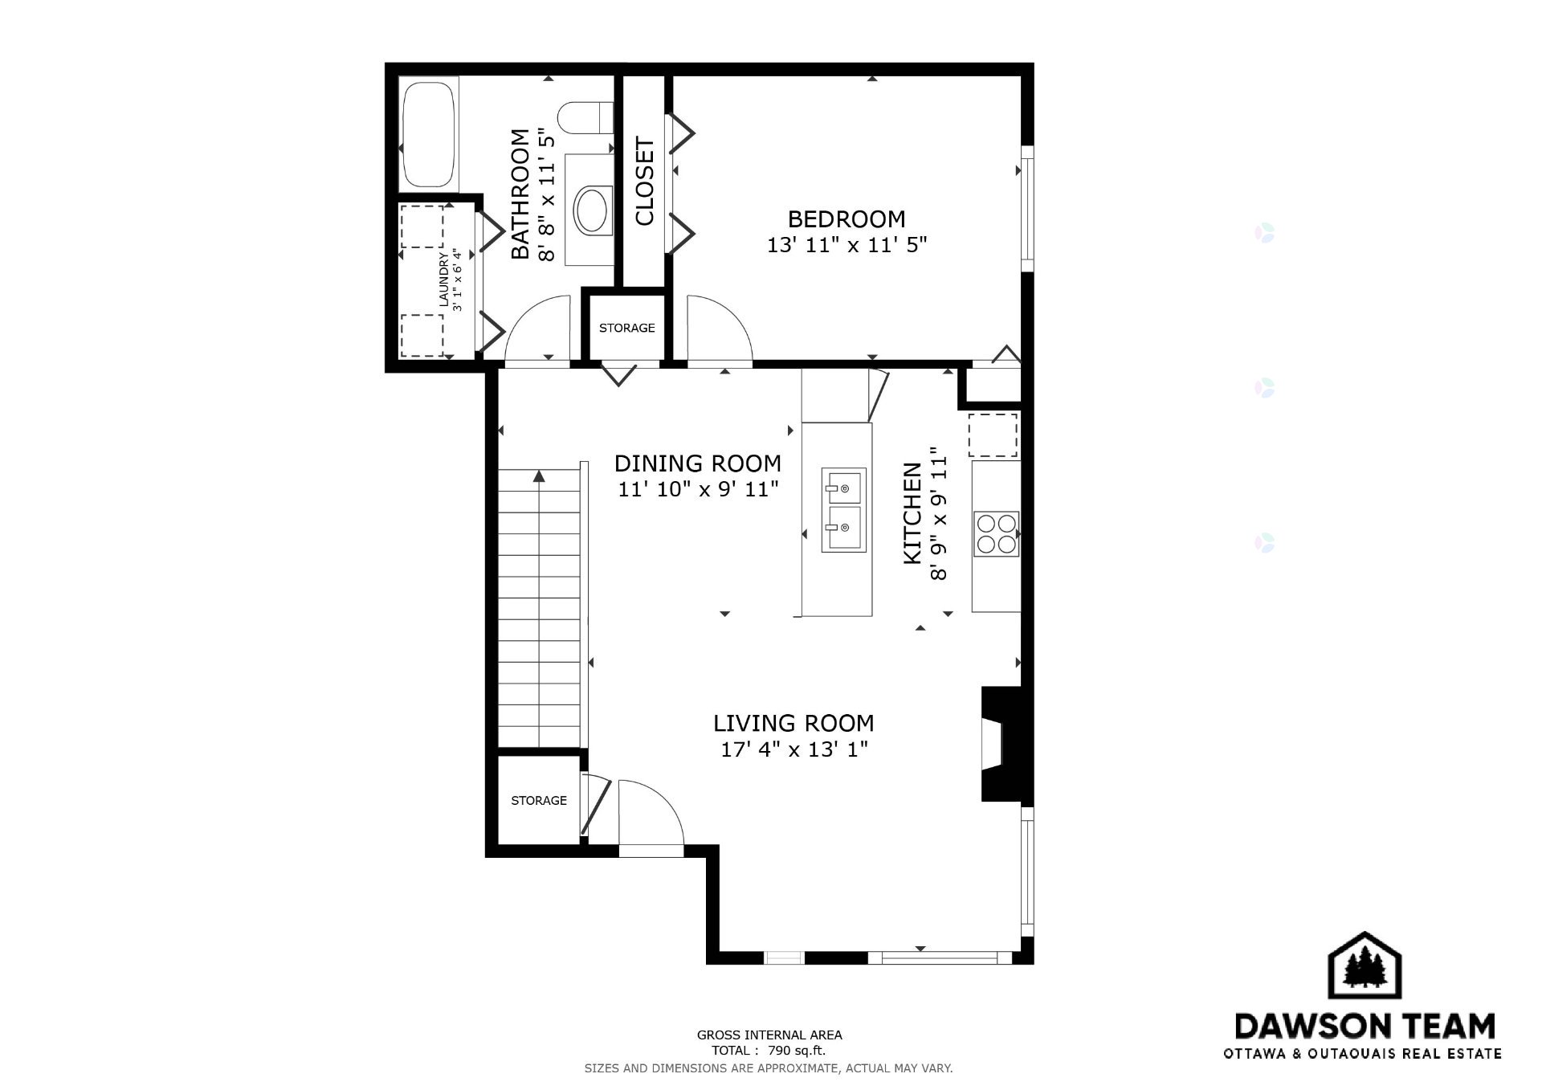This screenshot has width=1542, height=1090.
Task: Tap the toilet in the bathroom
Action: pyautogui.click(x=585, y=117)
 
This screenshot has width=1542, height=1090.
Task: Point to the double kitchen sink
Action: pyautogui.click(x=843, y=510)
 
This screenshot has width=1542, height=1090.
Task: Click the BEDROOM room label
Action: pyautogui.click(x=846, y=218)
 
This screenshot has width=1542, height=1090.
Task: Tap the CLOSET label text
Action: pyautogui.click(x=645, y=182)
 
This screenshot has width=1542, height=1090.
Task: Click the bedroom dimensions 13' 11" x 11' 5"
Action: pyautogui.click(x=846, y=245)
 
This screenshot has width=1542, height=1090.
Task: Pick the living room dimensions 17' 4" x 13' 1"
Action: pyautogui.click(x=793, y=749)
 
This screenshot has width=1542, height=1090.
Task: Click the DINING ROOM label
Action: pyautogui.click(x=697, y=463)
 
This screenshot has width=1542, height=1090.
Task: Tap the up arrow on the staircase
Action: pyautogui.click(x=539, y=476)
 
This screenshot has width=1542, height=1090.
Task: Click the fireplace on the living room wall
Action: pyautogui.click(x=1001, y=744)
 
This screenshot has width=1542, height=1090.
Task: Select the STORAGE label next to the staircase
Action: pyautogui.click(x=539, y=800)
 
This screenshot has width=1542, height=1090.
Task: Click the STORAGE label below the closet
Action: pyautogui.click(x=626, y=328)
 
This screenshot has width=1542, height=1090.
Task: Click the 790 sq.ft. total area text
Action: pyautogui.click(x=797, y=1051)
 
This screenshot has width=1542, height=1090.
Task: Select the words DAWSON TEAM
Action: pyautogui.click(x=1365, y=1026)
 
